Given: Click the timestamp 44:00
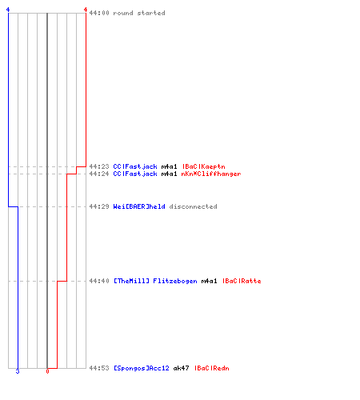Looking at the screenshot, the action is [99, 13].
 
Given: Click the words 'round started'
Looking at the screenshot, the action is [139, 13].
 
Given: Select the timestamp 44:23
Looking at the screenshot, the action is [99, 166].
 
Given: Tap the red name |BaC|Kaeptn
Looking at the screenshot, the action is [204, 166].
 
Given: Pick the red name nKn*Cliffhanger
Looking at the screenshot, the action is [211, 174].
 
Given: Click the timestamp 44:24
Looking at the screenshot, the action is [99, 174].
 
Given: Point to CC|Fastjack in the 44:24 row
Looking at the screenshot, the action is [135, 174].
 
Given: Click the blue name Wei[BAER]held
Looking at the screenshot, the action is [139, 206].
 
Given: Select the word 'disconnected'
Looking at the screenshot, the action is [194, 206].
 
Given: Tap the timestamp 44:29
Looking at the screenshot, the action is [99, 206].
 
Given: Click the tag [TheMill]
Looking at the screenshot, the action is [131, 281].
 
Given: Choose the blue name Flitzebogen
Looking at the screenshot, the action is [175, 281].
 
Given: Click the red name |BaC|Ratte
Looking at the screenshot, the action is [242, 281].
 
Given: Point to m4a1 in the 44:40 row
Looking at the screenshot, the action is [210, 281].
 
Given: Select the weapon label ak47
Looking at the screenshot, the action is [182, 368].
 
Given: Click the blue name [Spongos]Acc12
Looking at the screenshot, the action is [142, 368].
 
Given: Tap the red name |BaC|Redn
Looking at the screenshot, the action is [212, 368].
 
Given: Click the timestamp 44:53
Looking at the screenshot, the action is [99, 368].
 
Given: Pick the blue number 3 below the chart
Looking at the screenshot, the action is [18, 371].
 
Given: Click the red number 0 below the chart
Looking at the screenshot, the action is [47, 371].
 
